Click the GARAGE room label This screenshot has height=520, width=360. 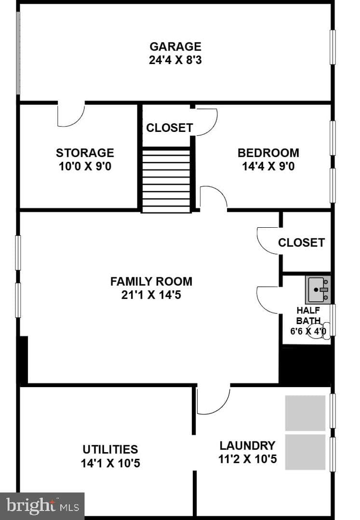click(175, 46)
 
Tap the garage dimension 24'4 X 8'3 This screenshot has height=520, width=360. click(175, 60)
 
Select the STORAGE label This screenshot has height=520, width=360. click(85, 153)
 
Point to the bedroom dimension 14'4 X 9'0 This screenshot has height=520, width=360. click(268, 166)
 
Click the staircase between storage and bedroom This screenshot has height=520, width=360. click(166, 181)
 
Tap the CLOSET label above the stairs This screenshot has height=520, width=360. click(170, 128)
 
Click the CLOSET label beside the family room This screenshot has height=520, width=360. click(301, 243)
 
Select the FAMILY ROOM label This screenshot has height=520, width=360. click(151, 282)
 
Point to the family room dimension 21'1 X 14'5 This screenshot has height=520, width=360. click(151, 295)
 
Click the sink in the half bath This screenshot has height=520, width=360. click(318, 290)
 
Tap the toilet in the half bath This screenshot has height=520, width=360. click(319, 331)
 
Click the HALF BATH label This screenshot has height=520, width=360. click(308, 315)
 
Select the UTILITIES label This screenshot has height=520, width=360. click(110, 449)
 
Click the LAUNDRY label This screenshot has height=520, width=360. click(248, 445)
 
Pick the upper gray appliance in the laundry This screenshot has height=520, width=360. click(305, 413)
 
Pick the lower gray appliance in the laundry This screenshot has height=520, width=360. click(305, 452)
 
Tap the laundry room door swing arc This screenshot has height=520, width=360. click(223, 406)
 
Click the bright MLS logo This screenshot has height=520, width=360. click(42, 506)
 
